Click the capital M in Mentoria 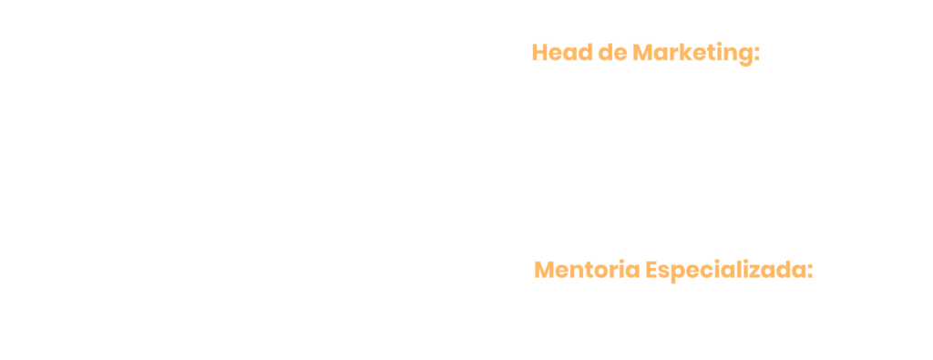pyautogui.click(x=545, y=270)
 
